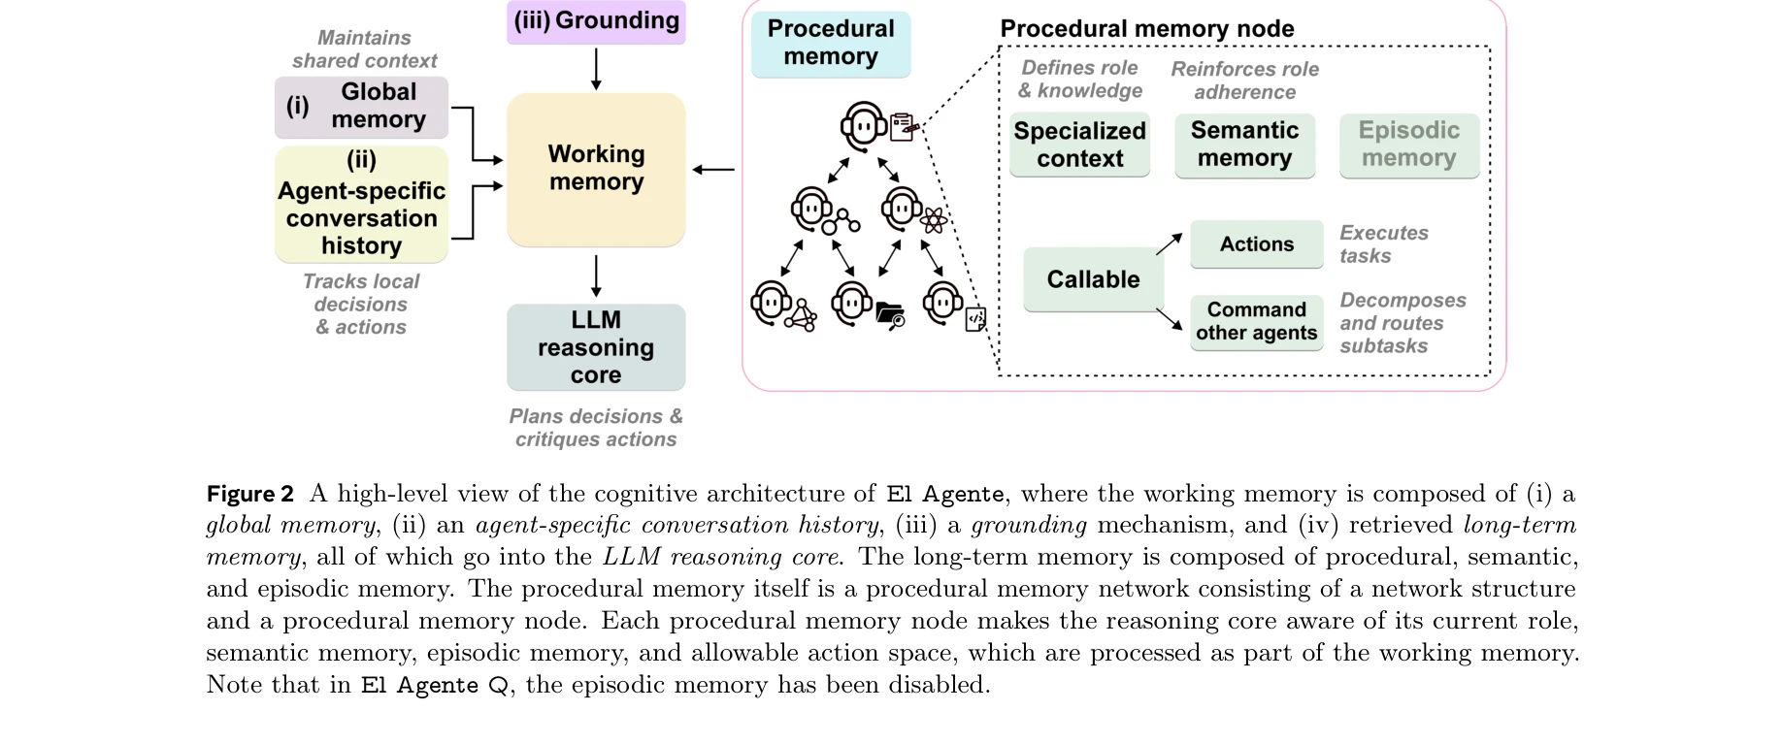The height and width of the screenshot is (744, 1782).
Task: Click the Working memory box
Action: [x=596, y=169]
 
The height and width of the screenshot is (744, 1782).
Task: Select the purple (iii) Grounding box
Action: [x=596, y=21]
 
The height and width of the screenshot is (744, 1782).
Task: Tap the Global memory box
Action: [x=361, y=107]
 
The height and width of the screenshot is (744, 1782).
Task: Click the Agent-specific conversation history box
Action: [x=361, y=204]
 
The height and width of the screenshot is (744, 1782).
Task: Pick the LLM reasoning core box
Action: [x=596, y=347]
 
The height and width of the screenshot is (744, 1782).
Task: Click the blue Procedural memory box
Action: [x=831, y=44]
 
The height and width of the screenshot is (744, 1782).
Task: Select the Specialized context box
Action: [x=1079, y=146]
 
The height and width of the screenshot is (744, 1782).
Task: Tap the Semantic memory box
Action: [x=1244, y=146]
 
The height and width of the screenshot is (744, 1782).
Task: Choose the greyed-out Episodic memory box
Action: [x=1409, y=146]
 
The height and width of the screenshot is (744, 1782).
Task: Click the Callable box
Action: [x=1093, y=279]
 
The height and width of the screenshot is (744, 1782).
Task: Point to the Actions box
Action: [x=1256, y=244]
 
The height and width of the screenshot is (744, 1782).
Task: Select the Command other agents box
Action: [x=1256, y=322]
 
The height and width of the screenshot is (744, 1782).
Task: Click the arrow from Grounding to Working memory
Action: [x=596, y=68]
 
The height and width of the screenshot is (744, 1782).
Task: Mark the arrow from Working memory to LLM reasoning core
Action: [x=596, y=275]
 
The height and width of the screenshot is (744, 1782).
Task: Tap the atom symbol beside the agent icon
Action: [x=934, y=221]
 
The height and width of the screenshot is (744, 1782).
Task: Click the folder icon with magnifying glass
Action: [x=890, y=315]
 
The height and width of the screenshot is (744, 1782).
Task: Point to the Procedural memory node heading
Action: [x=1146, y=29]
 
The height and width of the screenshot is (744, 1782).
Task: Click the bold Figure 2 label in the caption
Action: [x=249, y=494]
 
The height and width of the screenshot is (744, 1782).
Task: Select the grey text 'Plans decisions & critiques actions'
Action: [x=596, y=428]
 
